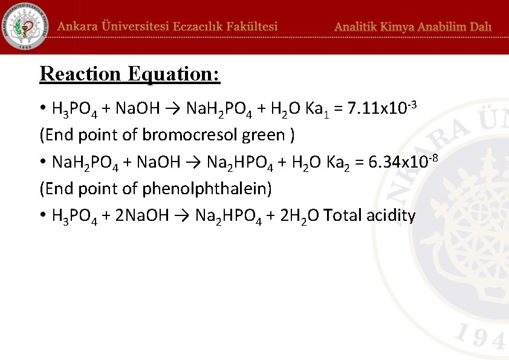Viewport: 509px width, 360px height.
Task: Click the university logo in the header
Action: click(25, 27)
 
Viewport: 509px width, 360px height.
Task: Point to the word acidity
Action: click(391, 216)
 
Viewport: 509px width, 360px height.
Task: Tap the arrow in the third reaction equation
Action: click(183, 216)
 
